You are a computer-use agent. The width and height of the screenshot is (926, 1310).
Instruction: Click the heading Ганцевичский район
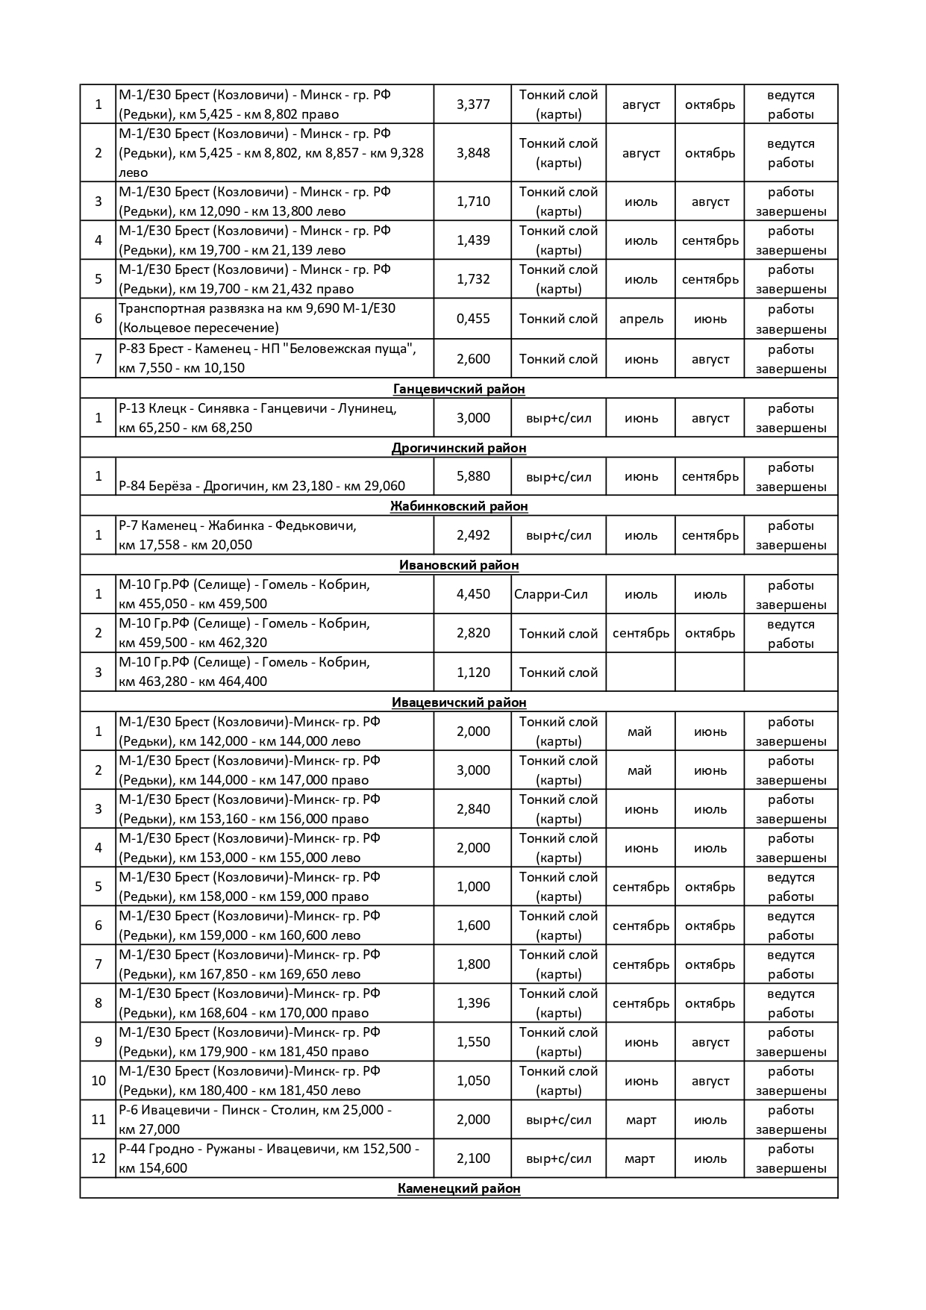tap(458, 389)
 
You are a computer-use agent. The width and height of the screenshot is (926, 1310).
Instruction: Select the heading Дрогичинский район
tap(458, 448)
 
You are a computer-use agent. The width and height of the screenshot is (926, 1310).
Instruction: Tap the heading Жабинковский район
tap(458, 506)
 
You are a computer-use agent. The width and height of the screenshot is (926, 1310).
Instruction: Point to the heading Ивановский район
tap(458, 565)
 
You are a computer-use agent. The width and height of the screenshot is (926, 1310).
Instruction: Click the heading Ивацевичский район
tap(458, 702)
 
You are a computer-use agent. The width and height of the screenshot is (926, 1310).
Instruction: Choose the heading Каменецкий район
tap(458, 1188)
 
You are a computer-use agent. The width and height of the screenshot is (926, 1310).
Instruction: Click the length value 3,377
tap(473, 105)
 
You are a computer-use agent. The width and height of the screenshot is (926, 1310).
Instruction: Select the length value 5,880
tap(473, 476)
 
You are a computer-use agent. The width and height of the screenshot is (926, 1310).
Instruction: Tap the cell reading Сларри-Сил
tap(551, 594)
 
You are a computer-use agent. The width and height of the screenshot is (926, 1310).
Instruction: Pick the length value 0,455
tap(473, 319)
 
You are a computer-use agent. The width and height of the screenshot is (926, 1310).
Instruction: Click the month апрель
tap(641, 319)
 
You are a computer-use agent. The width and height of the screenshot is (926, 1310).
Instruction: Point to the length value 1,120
tap(473, 672)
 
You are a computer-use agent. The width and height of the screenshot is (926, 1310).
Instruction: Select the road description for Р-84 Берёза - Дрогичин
tap(262, 486)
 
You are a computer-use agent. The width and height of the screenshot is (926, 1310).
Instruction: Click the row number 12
tap(98, 1158)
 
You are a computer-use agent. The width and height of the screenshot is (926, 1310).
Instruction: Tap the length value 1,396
tap(473, 1003)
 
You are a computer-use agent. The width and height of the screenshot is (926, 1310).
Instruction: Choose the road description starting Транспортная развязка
tap(257, 318)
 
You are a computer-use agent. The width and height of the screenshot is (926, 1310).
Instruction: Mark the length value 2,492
tap(473, 535)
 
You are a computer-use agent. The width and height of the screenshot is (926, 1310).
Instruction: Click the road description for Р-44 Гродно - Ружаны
tap(269, 1158)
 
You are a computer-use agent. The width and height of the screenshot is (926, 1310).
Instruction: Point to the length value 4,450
tap(473, 594)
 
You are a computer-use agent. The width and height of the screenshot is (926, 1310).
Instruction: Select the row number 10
tap(98, 1081)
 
